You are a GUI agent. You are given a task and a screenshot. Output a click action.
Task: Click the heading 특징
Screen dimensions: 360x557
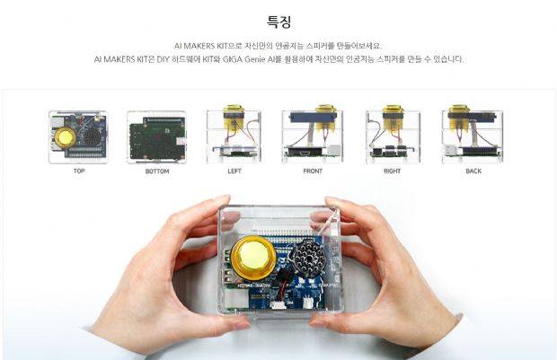point(278,21)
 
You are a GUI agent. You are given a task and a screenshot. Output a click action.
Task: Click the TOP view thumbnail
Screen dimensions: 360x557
point(77,136)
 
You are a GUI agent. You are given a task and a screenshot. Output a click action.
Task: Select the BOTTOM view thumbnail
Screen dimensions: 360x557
point(156,136)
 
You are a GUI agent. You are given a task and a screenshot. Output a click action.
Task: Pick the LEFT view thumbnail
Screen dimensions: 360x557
point(234,136)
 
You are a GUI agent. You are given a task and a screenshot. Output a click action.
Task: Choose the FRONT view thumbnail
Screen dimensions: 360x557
point(312,136)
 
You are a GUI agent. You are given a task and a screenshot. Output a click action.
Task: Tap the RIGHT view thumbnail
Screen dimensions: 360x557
point(392,136)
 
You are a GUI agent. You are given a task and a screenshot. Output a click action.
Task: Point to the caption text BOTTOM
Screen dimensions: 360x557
point(156,171)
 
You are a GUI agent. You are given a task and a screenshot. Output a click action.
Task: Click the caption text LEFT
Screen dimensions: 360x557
point(234,171)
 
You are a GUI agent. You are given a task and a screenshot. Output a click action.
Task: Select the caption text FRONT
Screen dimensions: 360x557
point(312,171)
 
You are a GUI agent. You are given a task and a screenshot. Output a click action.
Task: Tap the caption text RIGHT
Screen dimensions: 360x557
point(392,171)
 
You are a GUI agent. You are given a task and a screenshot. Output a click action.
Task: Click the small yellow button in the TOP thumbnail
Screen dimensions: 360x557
point(65,136)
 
